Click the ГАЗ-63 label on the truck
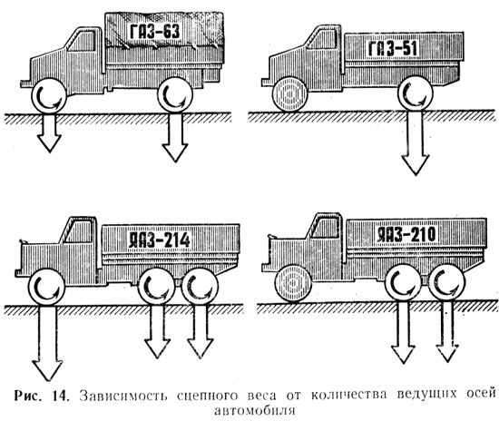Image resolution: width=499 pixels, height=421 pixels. point(155,32)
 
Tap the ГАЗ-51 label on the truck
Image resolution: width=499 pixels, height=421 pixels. point(392,49)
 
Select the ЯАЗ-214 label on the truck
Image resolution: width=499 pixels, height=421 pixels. point(159,240)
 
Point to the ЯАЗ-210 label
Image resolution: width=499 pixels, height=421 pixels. point(406,235)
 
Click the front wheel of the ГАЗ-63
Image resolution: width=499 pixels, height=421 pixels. point(49,95)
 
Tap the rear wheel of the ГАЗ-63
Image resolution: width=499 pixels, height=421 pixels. point(175,95)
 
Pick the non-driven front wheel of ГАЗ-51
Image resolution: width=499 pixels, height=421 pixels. point(289,93)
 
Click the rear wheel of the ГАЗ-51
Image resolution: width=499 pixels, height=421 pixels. point(416,93)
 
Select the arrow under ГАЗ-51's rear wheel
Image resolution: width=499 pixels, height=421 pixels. point(416,142)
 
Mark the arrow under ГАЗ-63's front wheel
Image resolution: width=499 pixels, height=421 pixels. point(49,133)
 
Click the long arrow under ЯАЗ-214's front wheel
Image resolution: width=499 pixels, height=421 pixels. point(47,343)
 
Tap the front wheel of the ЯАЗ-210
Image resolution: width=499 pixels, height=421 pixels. point(293,283)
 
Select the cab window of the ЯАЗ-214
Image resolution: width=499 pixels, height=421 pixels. point(79,231)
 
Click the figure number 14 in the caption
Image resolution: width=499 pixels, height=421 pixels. point(60,396)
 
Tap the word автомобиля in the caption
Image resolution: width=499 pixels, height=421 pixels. point(255,410)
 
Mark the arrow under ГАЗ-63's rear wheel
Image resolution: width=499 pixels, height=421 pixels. point(175,138)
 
